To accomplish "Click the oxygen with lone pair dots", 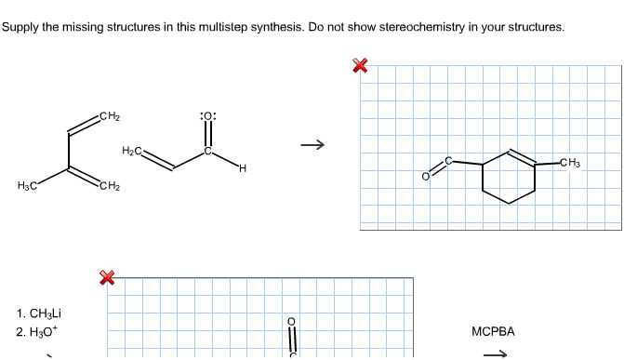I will [208, 116].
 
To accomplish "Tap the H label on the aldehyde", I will [242, 168].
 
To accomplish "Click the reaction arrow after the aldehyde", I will [315, 144].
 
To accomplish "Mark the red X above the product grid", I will [360, 65].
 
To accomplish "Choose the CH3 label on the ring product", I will [570, 165].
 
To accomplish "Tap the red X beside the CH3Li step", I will [107, 276].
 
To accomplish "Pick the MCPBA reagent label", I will [493, 331].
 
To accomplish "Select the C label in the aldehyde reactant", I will [208, 150].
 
